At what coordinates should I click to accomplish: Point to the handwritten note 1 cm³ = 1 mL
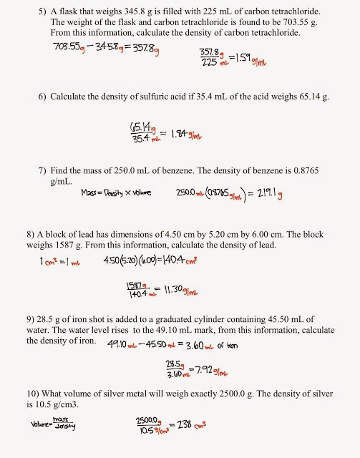tap(62, 261)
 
